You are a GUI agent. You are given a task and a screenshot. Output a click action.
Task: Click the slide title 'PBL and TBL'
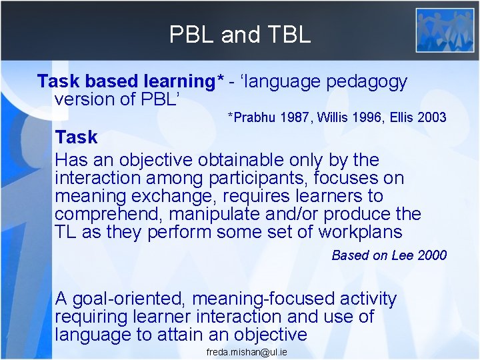tap(240, 34)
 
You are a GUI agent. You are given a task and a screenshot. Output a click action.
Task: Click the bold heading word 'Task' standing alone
tap(76, 137)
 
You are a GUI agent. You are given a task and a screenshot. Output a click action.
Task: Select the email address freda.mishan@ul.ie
tap(247, 351)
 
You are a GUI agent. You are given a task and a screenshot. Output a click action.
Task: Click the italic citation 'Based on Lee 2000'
tap(389, 255)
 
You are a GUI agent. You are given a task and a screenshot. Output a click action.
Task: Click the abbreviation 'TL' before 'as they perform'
tap(66, 232)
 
